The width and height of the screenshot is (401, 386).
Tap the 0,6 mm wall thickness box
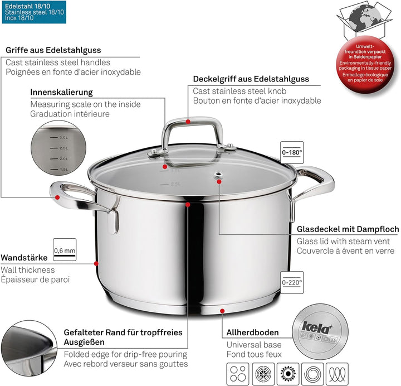tap(64, 250)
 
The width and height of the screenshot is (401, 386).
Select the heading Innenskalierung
tap(62, 92)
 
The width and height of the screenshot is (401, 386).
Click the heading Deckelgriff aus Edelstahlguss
tap(251, 79)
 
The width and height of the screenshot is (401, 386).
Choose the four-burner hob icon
tap(238, 372)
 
